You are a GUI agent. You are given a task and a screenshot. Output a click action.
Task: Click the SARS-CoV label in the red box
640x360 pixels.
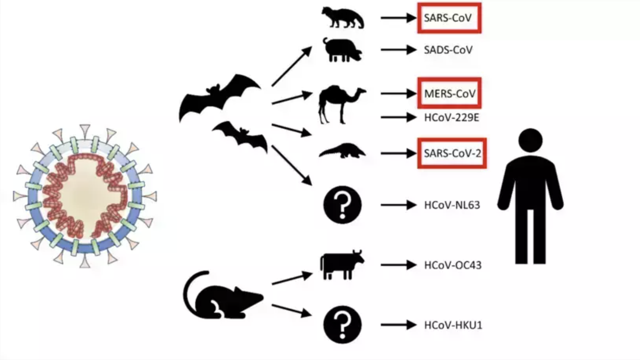coord(448,18)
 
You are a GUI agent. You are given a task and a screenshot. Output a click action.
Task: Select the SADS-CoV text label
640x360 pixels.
coord(448,50)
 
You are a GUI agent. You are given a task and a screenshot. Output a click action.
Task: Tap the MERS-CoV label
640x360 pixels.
coord(450,94)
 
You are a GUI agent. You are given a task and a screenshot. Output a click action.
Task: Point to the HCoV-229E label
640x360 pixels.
coord(451,117)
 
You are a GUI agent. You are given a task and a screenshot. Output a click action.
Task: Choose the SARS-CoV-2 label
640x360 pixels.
coord(452,153)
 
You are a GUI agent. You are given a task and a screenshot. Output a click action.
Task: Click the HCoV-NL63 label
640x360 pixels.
coord(452,205)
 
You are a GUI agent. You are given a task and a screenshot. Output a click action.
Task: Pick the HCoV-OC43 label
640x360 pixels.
coord(453,265)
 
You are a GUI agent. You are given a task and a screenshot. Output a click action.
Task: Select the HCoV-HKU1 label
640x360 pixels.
coord(453,325)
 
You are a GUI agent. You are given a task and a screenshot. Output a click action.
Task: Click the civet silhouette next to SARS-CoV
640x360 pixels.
coord(343,18)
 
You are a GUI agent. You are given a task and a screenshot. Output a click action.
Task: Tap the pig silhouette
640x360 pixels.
coord(342,50)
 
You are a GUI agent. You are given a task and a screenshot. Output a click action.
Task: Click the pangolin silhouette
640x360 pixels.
coord(342,150)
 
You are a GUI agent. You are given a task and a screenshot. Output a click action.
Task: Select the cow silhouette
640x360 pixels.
coord(342,264)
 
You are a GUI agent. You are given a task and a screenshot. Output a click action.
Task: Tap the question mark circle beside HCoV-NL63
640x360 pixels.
coord(342,205)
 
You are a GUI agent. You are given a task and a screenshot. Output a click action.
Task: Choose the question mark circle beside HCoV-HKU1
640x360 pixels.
coord(342,325)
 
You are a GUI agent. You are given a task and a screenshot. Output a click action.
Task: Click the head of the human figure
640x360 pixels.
coord(530,141)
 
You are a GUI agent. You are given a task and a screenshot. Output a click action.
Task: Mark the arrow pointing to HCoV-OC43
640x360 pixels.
coord(399,265)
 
